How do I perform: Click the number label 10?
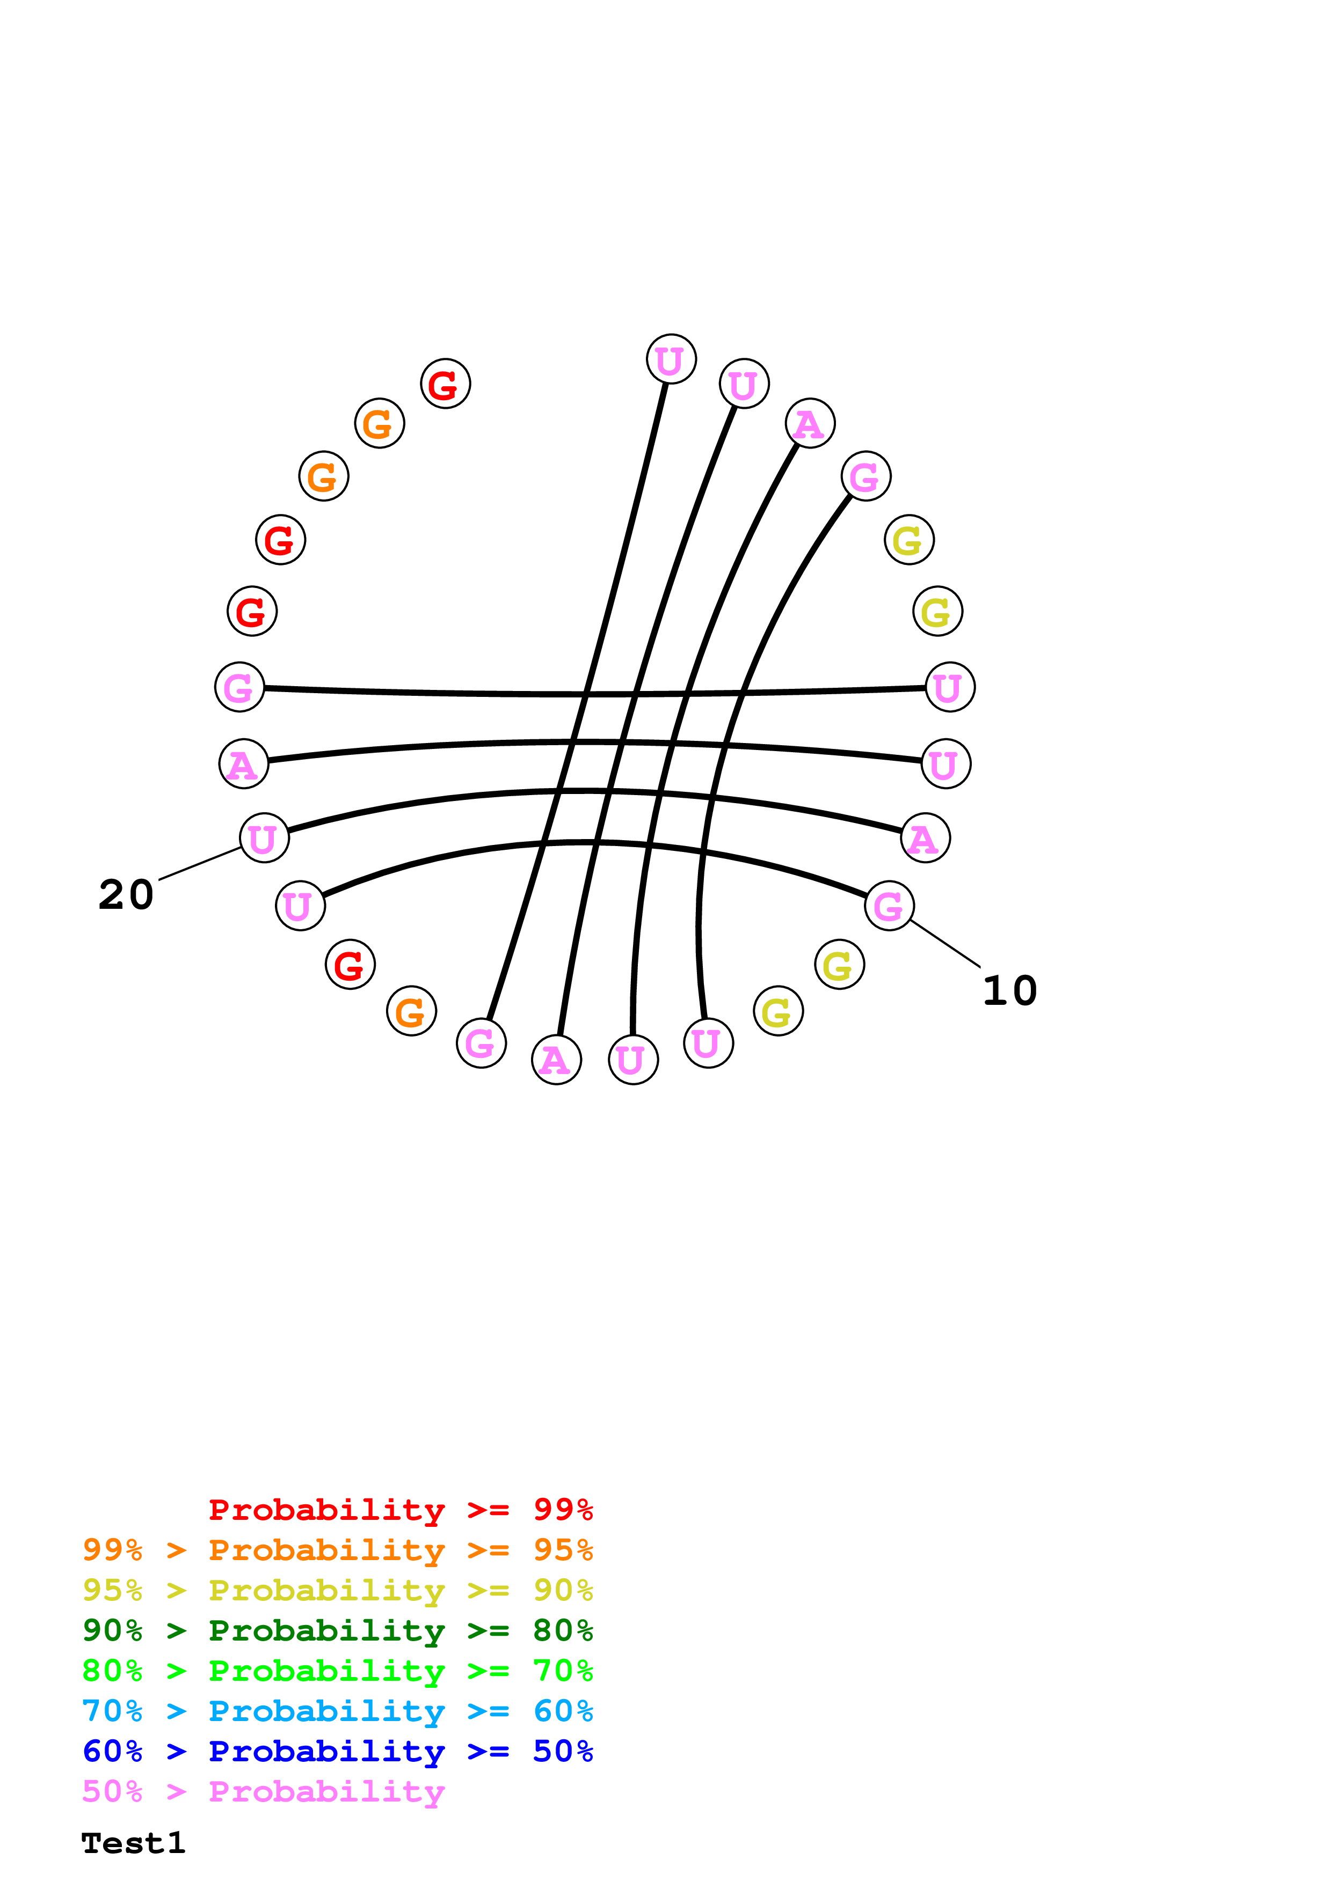coord(1009,991)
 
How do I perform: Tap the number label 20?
coord(126,895)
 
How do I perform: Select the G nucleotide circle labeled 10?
coord(889,906)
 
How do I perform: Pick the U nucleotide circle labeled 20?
coord(264,837)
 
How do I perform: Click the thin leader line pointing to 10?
coord(945,944)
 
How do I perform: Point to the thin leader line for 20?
coord(199,863)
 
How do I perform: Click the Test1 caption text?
coord(133,1843)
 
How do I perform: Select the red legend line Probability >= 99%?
coord(400,1509)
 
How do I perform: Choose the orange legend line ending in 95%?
coord(337,1550)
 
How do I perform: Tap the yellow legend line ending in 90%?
coord(337,1590)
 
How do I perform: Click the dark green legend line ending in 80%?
coord(337,1630)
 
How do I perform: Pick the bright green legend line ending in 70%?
coord(337,1671)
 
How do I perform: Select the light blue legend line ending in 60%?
coord(337,1711)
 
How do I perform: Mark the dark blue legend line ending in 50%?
coord(337,1751)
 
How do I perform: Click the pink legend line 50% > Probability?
coord(263,1791)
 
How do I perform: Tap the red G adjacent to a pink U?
coord(350,964)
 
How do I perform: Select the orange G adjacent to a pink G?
coord(411,1011)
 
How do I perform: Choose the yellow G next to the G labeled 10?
coord(839,964)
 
